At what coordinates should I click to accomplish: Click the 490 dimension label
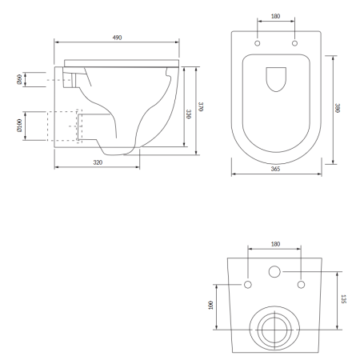(117, 38)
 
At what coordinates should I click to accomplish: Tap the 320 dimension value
(98, 162)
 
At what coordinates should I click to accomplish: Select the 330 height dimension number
(188, 114)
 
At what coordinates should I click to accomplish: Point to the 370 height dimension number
(201, 106)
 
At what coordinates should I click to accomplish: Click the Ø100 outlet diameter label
(19, 126)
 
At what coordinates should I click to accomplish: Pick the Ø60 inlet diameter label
(19, 79)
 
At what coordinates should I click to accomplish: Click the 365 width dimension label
(275, 169)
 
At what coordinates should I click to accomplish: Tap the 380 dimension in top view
(337, 108)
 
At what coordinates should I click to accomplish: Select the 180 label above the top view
(275, 16)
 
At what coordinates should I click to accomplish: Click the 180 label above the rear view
(275, 244)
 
